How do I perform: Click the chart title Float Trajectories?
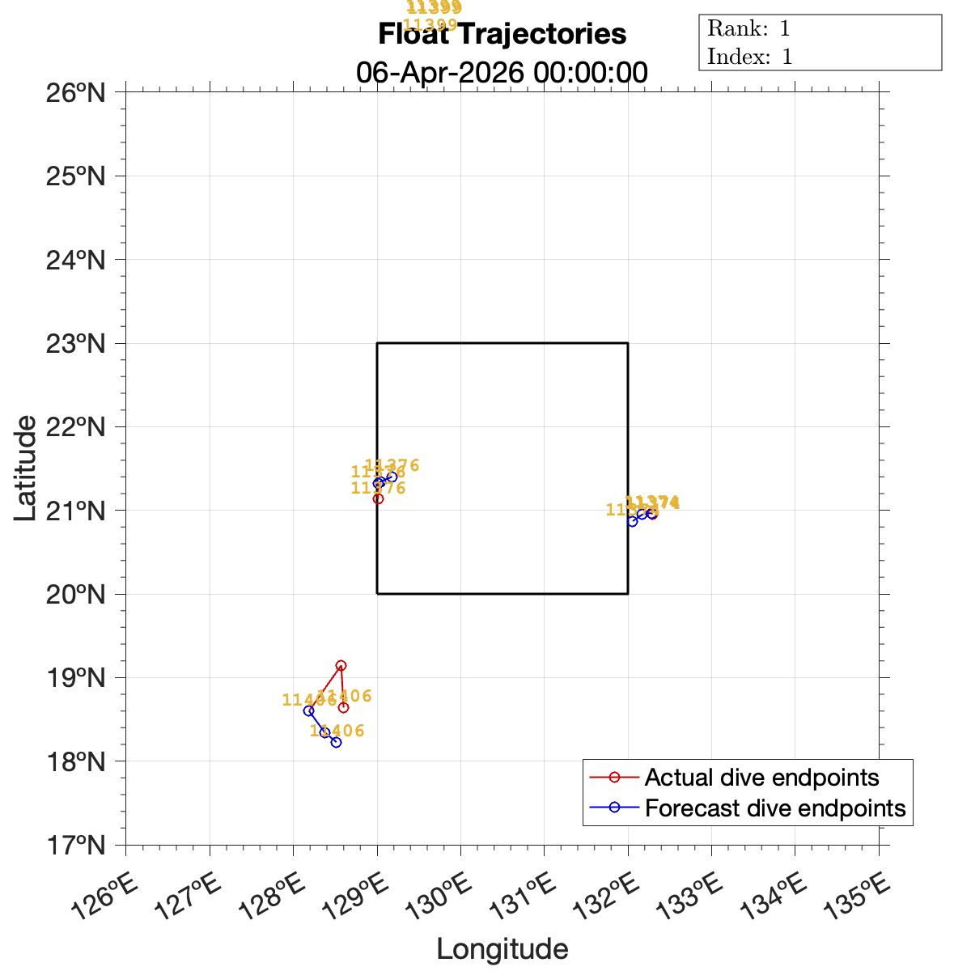(x=502, y=35)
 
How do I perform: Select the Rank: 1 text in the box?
(x=748, y=29)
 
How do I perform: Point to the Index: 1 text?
(x=749, y=57)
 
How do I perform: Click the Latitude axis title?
(x=26, y=468)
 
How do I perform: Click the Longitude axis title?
(x=502, y=949)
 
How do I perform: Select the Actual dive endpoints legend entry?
(x=761, y=778)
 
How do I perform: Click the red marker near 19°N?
(x=341, y=665)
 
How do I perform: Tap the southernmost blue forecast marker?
(x=336, y=742)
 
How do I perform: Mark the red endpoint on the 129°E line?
(x=378, y=498)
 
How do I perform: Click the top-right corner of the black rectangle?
(x=628, y=343)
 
